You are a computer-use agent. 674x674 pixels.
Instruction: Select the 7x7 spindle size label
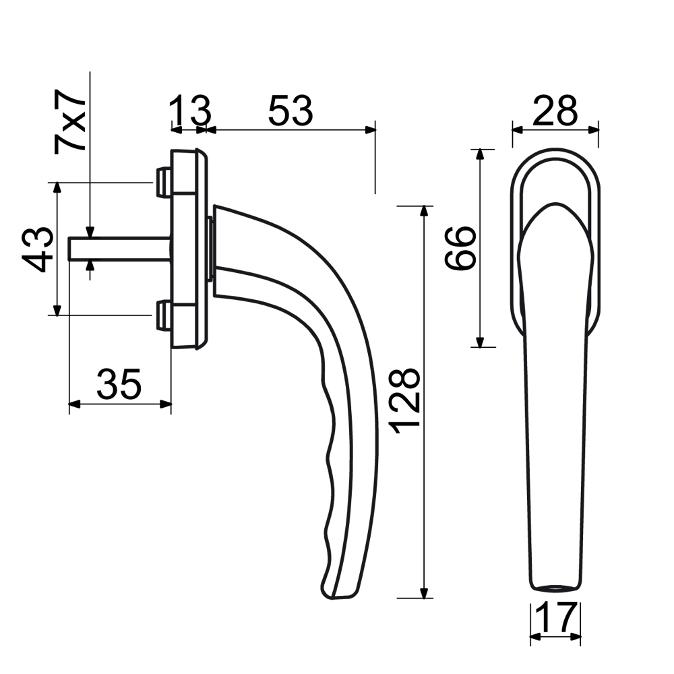pos(69,121)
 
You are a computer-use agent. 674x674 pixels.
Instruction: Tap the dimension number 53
pos(290,111)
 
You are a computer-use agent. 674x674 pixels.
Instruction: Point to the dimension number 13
pos(189,111)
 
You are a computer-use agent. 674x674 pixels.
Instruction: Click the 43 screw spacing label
pos(37,250)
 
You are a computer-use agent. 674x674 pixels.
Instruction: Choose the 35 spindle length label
pos(119,384)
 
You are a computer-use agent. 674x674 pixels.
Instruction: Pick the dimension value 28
pos(555,111)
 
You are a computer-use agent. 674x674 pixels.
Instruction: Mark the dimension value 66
pos(460,249)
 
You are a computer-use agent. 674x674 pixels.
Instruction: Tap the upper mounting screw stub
pos(163,182)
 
